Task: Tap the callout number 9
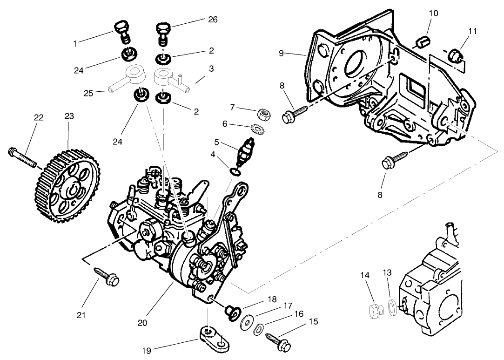pos(281,53)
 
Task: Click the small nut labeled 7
pos(263,113)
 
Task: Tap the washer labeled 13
pos(392,308)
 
